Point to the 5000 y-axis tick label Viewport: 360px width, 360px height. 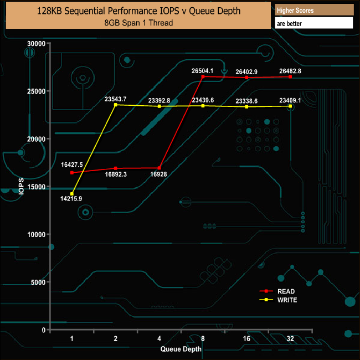[38, 282]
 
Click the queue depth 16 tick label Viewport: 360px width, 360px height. [246, 338]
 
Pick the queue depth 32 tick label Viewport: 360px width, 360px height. [290, 338]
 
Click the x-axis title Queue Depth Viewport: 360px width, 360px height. [181, 349]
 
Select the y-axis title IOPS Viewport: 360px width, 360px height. [22, 187]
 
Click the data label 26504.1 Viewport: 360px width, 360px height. [203, 70]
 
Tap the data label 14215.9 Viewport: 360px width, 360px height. [71, 199]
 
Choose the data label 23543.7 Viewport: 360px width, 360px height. [116, 99]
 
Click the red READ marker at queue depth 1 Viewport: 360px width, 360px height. [72, 173]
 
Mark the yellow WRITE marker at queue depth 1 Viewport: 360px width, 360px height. [72, 194]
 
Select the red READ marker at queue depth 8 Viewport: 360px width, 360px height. [203, 76]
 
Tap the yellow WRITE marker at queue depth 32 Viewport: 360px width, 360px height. [290, 106]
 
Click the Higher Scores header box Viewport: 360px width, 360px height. [314, 11]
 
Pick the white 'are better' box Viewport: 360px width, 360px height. [314, 23]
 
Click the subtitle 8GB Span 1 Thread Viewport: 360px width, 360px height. [138, 23]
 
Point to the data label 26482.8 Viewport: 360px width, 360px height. [290, 70]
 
